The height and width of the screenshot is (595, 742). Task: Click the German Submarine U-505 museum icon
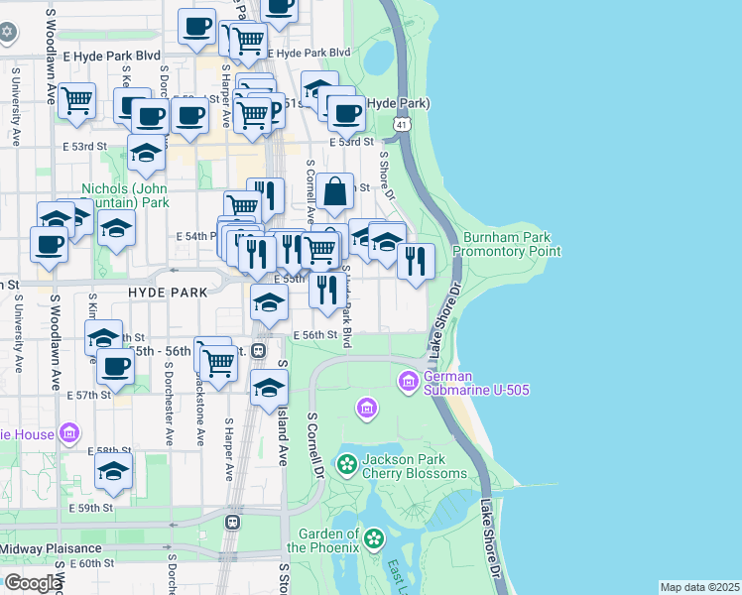click(409, 381)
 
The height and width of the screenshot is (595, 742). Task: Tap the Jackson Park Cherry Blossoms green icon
click(346, 463)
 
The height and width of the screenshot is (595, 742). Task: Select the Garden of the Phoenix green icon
click(373, 538)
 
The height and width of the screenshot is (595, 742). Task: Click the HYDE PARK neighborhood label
click(168, 292)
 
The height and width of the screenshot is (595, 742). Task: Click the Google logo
click(32, 583)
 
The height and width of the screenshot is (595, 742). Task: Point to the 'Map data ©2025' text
click(699, 587)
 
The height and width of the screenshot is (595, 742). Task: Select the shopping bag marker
click(336, 190)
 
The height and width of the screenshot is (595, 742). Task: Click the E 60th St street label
click(92, 563)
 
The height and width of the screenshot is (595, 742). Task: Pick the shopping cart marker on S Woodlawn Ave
click(76, 99)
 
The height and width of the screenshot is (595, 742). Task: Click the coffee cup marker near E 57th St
click(116, 367)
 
